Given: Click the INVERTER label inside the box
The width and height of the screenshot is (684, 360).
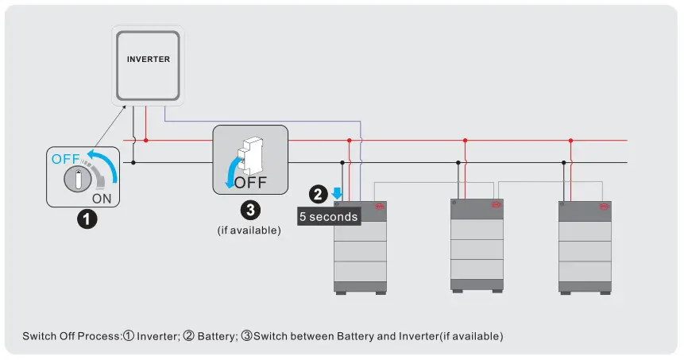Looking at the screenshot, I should pyautogui.click(x=149, y=59).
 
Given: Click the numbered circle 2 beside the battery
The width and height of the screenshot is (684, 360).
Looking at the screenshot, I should pyautogui.click(x=318, y=193).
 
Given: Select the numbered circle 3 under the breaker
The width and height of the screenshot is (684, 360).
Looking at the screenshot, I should pyautogui.click(x=249, y=211).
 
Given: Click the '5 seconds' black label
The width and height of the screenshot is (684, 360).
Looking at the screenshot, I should pyautogui.click(x=328, y=216).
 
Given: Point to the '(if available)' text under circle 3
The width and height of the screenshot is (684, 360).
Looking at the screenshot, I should pyautogui.click(x=249, y=230).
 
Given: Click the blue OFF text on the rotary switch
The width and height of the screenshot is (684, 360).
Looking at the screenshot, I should pyautogui.click(x=66, y=159).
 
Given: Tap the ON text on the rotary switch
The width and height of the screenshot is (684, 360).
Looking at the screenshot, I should pyautogui.click(x=102, y=198).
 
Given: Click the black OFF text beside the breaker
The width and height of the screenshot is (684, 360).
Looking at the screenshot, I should pyautogui.click(x=251, y=181).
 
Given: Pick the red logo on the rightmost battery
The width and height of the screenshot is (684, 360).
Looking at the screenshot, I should pyautogui.click(x=604, y=207).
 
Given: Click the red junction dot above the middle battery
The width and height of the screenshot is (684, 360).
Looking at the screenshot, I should pyautogui.click(x=465, y=141).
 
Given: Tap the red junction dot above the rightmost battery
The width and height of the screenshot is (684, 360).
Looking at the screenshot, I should pyautogui.click(x=570, y=141).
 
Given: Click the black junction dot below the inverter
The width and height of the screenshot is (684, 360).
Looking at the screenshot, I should pyautogui.click(x=133, y=163).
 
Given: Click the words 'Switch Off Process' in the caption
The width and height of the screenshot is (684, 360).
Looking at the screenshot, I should pyautogui.click(x=71, y=336).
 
